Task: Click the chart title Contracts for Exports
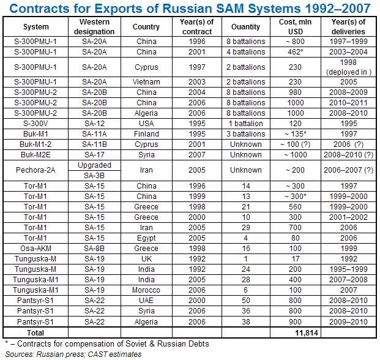[x=189, y=8]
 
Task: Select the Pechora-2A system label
[x=36, y=170]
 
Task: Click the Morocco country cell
[x=146, y=291]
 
